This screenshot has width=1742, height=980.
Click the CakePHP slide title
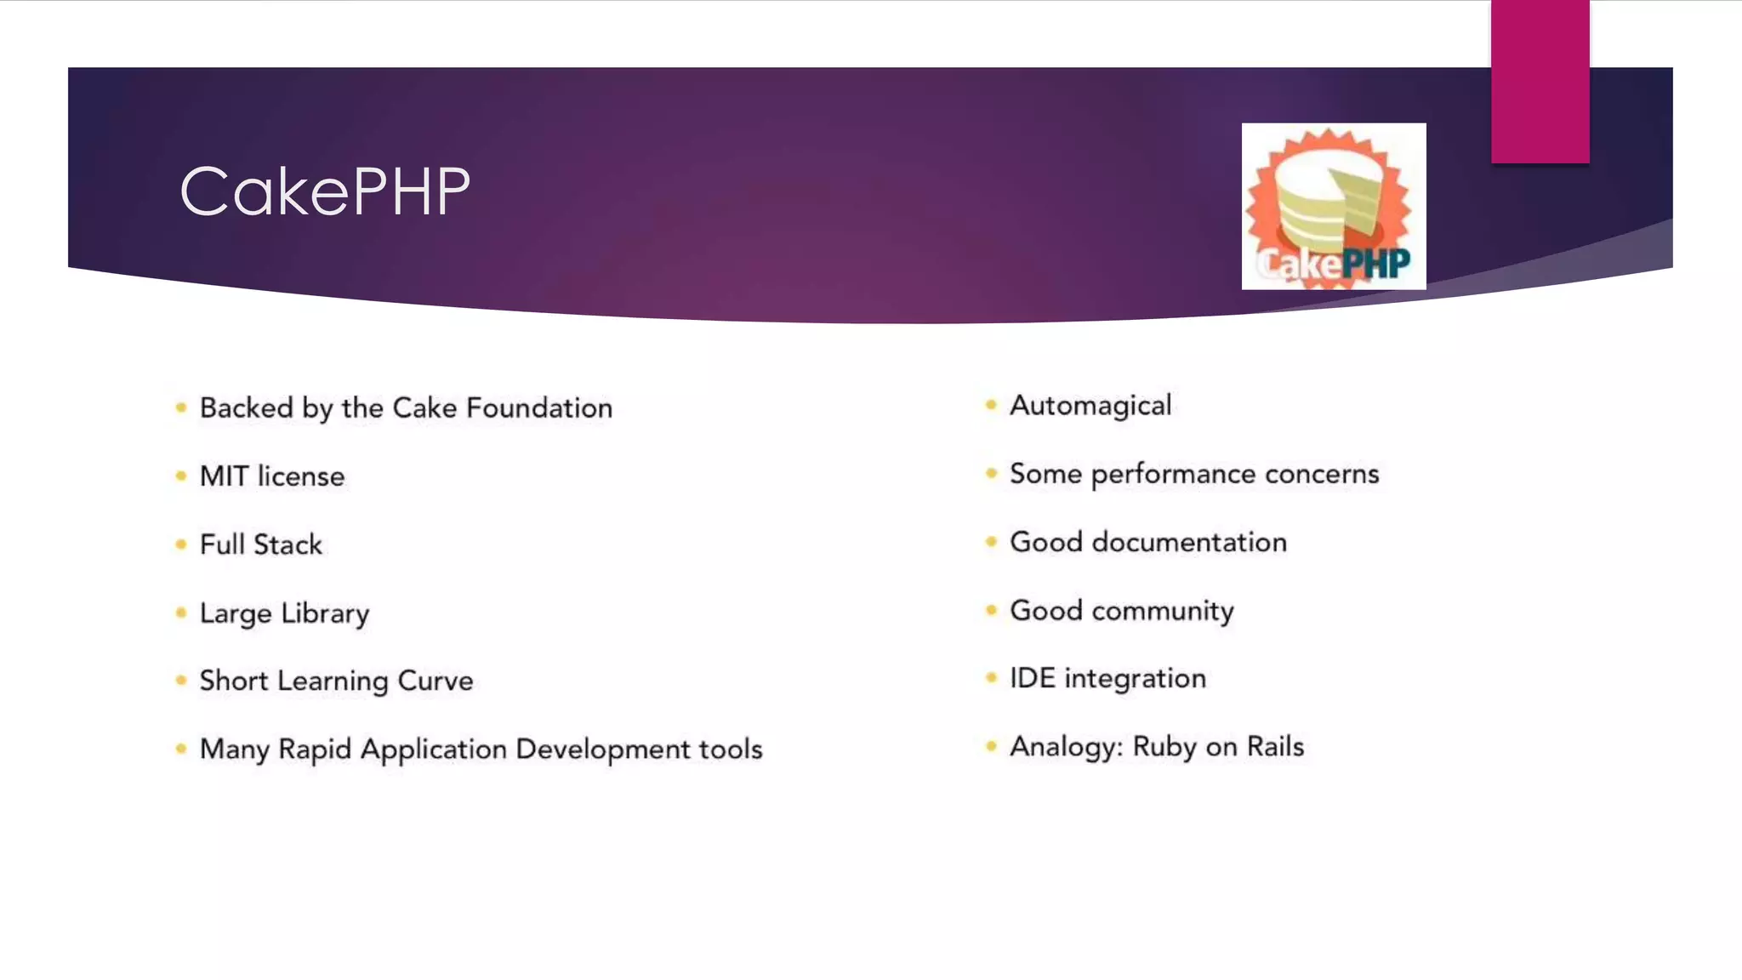(324, 192)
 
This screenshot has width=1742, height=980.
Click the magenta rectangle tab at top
(1540, 81)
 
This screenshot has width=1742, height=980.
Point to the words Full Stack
(261, 544)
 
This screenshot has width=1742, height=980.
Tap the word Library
(325, 613)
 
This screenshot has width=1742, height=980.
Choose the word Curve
(435, 681)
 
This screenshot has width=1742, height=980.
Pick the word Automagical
(1090, 406)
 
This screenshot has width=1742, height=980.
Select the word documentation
(1189, 543)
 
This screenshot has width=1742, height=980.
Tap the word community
(1163, 611)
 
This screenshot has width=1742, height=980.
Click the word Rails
(1275, 747)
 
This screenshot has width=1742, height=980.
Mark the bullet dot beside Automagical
(991, 405)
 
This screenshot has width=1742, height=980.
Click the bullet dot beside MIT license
(180, 476)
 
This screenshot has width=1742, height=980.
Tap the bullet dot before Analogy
(991, 746)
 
